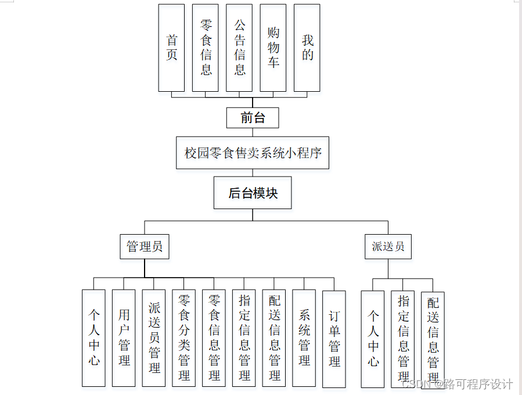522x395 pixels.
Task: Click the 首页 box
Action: click(172, 48)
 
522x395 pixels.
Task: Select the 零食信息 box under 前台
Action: click(206, 48)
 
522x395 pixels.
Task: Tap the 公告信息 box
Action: click(239, 48)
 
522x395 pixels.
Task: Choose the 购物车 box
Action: click(273, 48)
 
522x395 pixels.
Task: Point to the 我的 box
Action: click(307, 48)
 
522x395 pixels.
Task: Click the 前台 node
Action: click(253, 118)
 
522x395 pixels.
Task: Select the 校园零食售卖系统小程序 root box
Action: click(253, 153)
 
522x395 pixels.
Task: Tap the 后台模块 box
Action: click(253, 193)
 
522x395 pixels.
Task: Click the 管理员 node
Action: click(145, 246)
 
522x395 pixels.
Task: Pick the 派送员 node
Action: click(388, 246)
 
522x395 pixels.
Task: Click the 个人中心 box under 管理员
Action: click(94, 338)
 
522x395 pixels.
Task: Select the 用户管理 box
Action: click(124, 338)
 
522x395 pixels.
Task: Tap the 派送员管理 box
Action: click(154, 338)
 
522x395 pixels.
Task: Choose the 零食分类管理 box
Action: click(184, 338)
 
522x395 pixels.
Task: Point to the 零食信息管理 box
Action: click(214, 338)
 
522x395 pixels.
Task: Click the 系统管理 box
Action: click(304, 338)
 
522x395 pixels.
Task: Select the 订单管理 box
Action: click(334, 338)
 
